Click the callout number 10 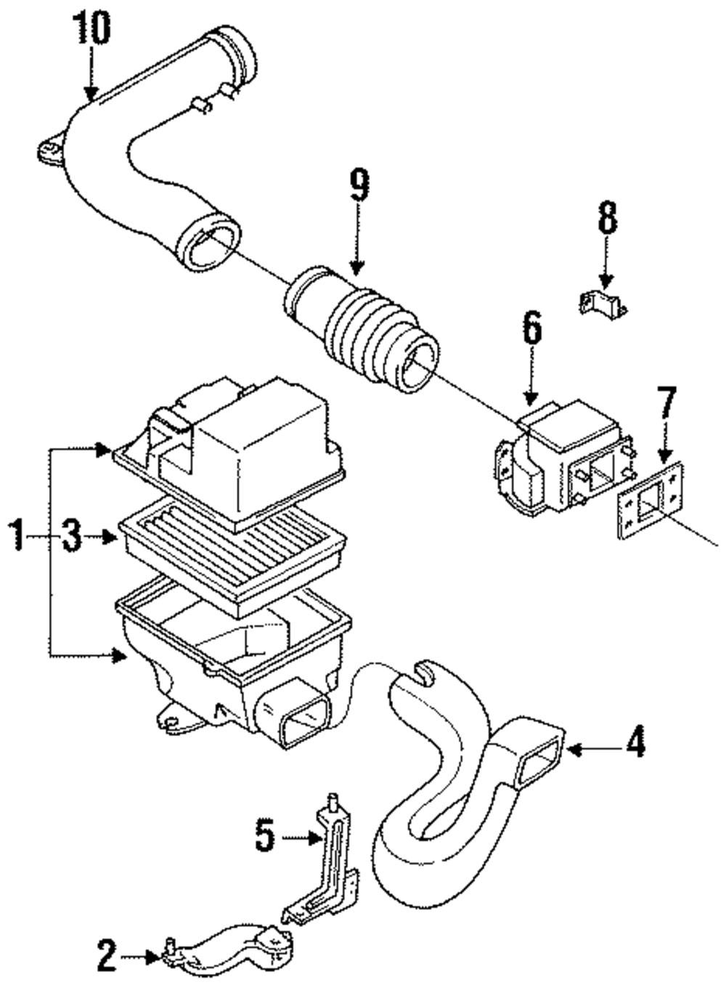coord(92,28)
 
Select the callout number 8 coord(608,217)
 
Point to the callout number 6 coord(532,327)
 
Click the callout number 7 coord(666,403)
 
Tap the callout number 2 coord(107,956)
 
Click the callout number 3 coord(71,537)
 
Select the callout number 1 coord(17,536)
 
